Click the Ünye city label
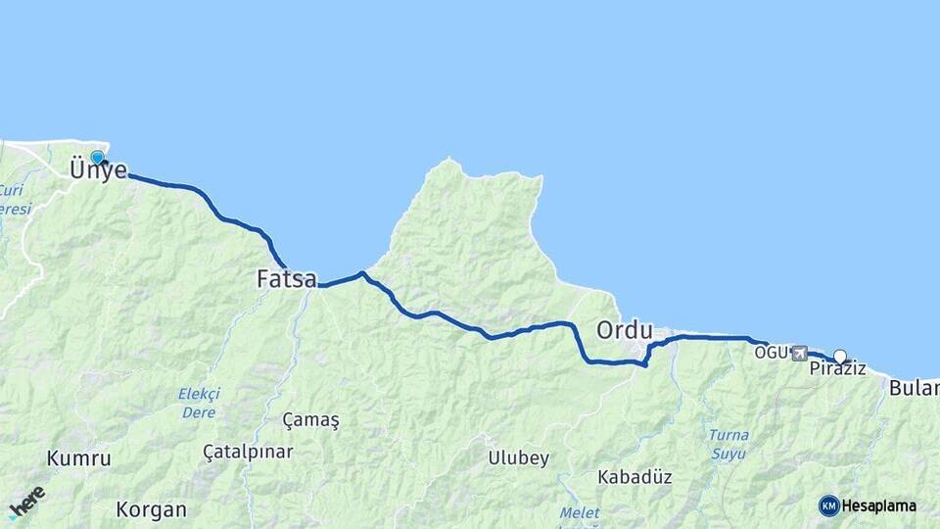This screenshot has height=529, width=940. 98,170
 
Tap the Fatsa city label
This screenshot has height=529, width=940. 286,279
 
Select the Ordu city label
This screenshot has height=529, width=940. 624,329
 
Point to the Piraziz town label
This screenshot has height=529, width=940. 837,369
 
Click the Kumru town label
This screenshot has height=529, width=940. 78,458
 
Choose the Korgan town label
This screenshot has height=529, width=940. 151,509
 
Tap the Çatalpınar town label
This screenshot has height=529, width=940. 248,452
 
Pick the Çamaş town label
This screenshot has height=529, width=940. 310,420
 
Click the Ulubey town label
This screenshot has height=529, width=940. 518,457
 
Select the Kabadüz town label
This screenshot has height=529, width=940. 634,477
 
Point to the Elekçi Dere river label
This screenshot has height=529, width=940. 199,403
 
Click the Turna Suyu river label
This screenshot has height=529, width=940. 728,444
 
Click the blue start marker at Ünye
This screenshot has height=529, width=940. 97,157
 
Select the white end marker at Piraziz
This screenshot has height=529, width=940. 839,356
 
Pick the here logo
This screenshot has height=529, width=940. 26,502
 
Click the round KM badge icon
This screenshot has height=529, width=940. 828,505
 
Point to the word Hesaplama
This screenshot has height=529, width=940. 879,506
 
